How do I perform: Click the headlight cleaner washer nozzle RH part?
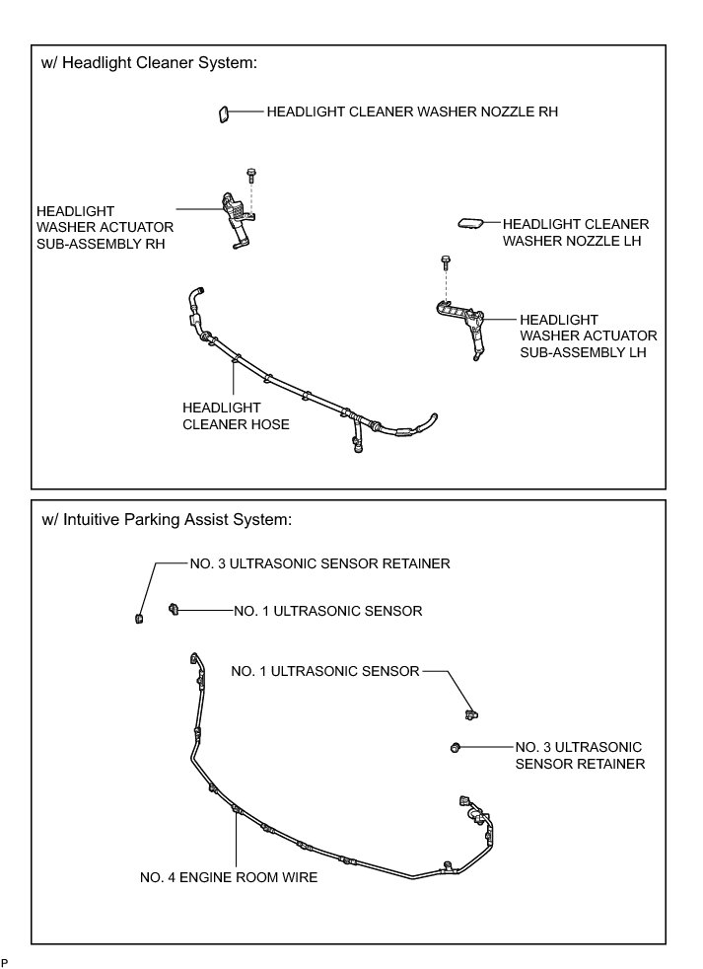pos(223,114)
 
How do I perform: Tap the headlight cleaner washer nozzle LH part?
pos(472,222)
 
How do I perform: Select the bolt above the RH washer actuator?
pos(250,174)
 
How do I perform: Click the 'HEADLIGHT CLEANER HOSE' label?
pos(236,415)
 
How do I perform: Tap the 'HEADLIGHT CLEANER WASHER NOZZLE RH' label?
pos(412,112)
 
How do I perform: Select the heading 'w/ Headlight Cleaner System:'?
pos(149,62)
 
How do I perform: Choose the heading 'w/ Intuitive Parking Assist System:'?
pos(167,519)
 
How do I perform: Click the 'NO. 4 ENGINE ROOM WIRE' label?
pos(229,877)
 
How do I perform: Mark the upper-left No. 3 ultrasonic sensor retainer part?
pos(139,619)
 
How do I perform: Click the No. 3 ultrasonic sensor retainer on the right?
pos(456,748)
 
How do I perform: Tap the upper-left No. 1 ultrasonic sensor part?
pos(173,610)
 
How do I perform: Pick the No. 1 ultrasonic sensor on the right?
pos(471,714)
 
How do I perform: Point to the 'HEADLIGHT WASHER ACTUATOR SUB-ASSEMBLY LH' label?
pos(588,336)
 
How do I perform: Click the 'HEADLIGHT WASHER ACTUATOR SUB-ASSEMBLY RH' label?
pos(105,227)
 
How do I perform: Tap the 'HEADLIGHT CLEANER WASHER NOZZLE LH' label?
pos(576,232)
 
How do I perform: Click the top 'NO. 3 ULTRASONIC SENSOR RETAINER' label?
pos(320,563)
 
